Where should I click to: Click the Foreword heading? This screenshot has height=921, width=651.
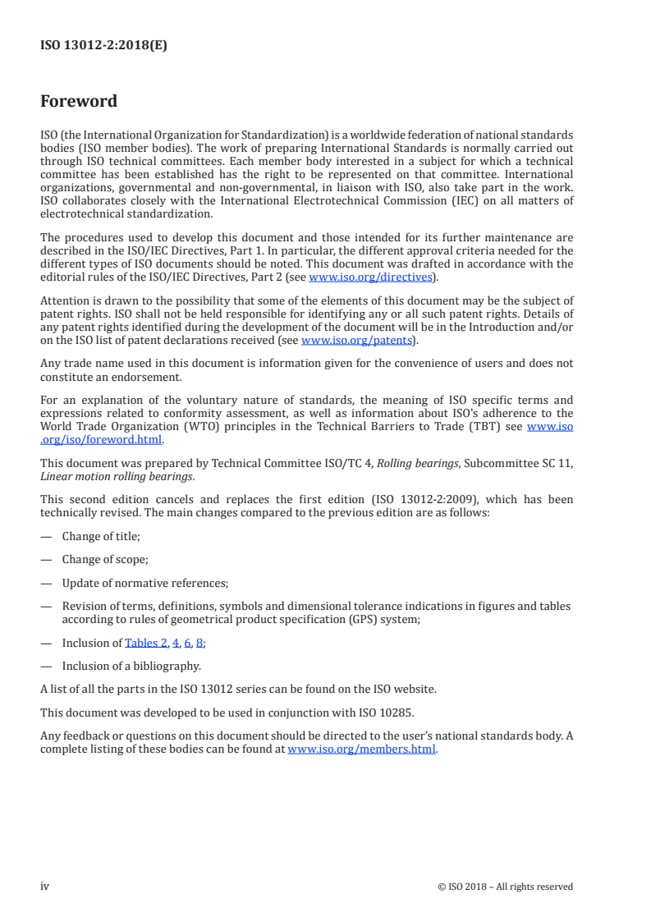tap(79, 102)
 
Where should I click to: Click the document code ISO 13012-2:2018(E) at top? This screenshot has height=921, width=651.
tap(103, 46)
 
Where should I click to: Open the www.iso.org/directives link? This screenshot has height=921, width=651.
tap(370, 277)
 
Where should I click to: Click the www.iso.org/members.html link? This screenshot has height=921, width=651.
tap(361, 749)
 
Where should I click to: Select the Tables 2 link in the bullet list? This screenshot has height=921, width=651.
tap(146, 643)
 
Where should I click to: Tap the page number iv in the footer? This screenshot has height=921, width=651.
tap(45, 886)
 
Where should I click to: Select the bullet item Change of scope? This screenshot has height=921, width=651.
tap(105, 560)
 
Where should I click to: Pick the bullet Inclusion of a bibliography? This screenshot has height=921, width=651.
tap(131, 666)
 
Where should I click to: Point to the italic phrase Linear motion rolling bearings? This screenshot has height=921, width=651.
tap(118, 476)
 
